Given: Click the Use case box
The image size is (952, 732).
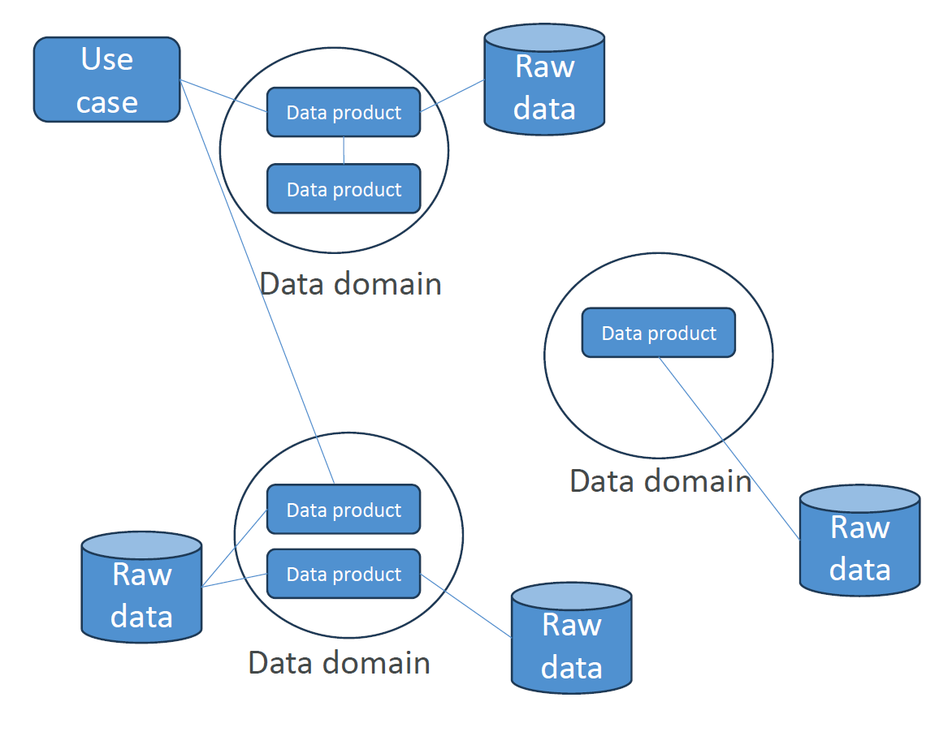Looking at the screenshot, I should tap(106, 80).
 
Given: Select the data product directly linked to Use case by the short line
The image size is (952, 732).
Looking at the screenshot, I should tap(344, 112).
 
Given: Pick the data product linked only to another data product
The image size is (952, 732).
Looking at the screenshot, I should tap(344, 189).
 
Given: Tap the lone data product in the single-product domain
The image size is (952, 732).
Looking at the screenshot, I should tap(658, 333).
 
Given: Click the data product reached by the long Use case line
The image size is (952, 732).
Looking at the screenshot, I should tap(344, 510).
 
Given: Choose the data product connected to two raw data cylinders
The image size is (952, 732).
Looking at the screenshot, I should tap(344, 575).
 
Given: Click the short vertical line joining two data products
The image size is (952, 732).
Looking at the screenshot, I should tap(344, 150).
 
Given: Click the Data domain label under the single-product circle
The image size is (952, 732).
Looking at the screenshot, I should tap(660, 481).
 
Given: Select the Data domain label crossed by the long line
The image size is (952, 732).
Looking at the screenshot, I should tap(351, 284).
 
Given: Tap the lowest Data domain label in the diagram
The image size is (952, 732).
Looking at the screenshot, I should tap(339, 663).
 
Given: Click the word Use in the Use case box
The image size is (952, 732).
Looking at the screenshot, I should tap(106, 59).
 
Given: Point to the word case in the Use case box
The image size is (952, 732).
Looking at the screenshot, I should tap(106, 102).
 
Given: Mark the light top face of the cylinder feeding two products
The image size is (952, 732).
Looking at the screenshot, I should tap(141, 545).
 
